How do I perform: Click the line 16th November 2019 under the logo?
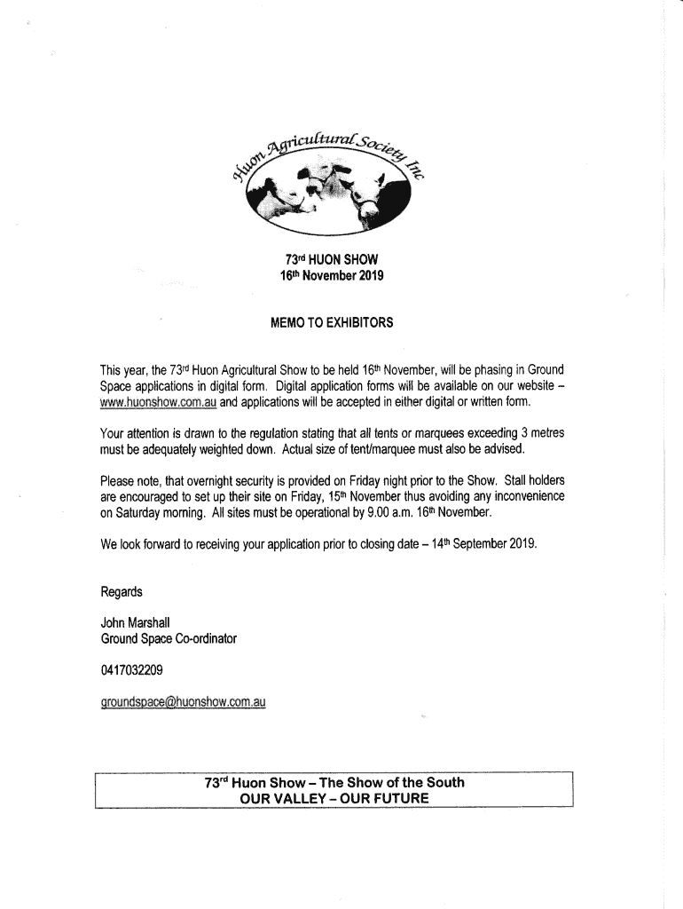pos(331,276)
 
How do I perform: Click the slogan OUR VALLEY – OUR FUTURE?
pos(334,798)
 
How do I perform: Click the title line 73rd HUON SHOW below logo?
pos(331,260)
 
